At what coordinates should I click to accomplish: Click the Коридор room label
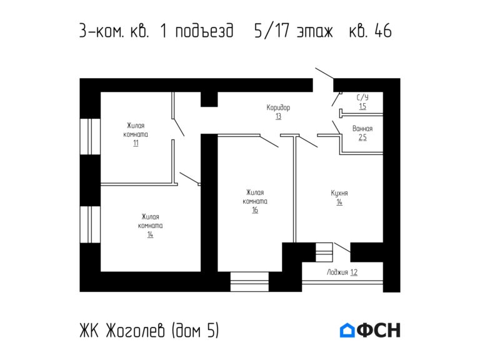(278, 107)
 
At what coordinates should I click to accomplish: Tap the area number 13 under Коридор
(278, 116)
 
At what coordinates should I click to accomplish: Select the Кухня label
(339, 193)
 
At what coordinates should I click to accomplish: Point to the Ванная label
(362, 129)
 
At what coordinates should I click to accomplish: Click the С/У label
(362, 98)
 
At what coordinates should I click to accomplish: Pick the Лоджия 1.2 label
(342, 272)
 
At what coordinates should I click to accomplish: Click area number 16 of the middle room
(255, 210)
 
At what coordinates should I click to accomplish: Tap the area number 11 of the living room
(136, 143)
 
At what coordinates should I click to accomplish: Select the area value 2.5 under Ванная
(362, 137)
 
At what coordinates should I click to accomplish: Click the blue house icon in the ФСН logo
(347, 330)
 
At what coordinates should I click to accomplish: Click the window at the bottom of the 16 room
(248, 281)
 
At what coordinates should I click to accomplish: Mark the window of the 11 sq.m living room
(90, 136)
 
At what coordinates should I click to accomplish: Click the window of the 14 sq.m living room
(90, 224)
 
